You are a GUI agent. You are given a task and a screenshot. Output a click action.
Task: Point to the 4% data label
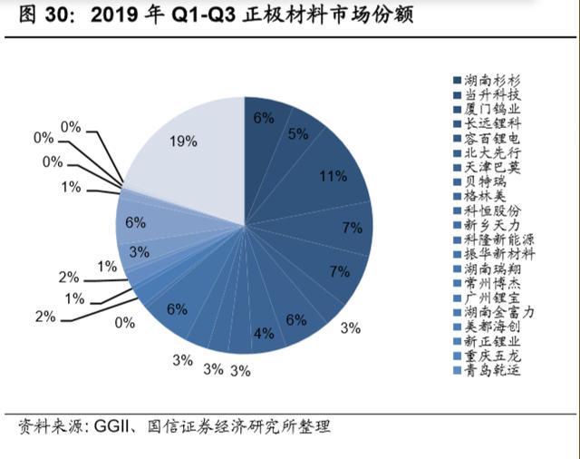(x=264, y=333)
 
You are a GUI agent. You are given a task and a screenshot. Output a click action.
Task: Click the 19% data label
(x=182, y=142)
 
